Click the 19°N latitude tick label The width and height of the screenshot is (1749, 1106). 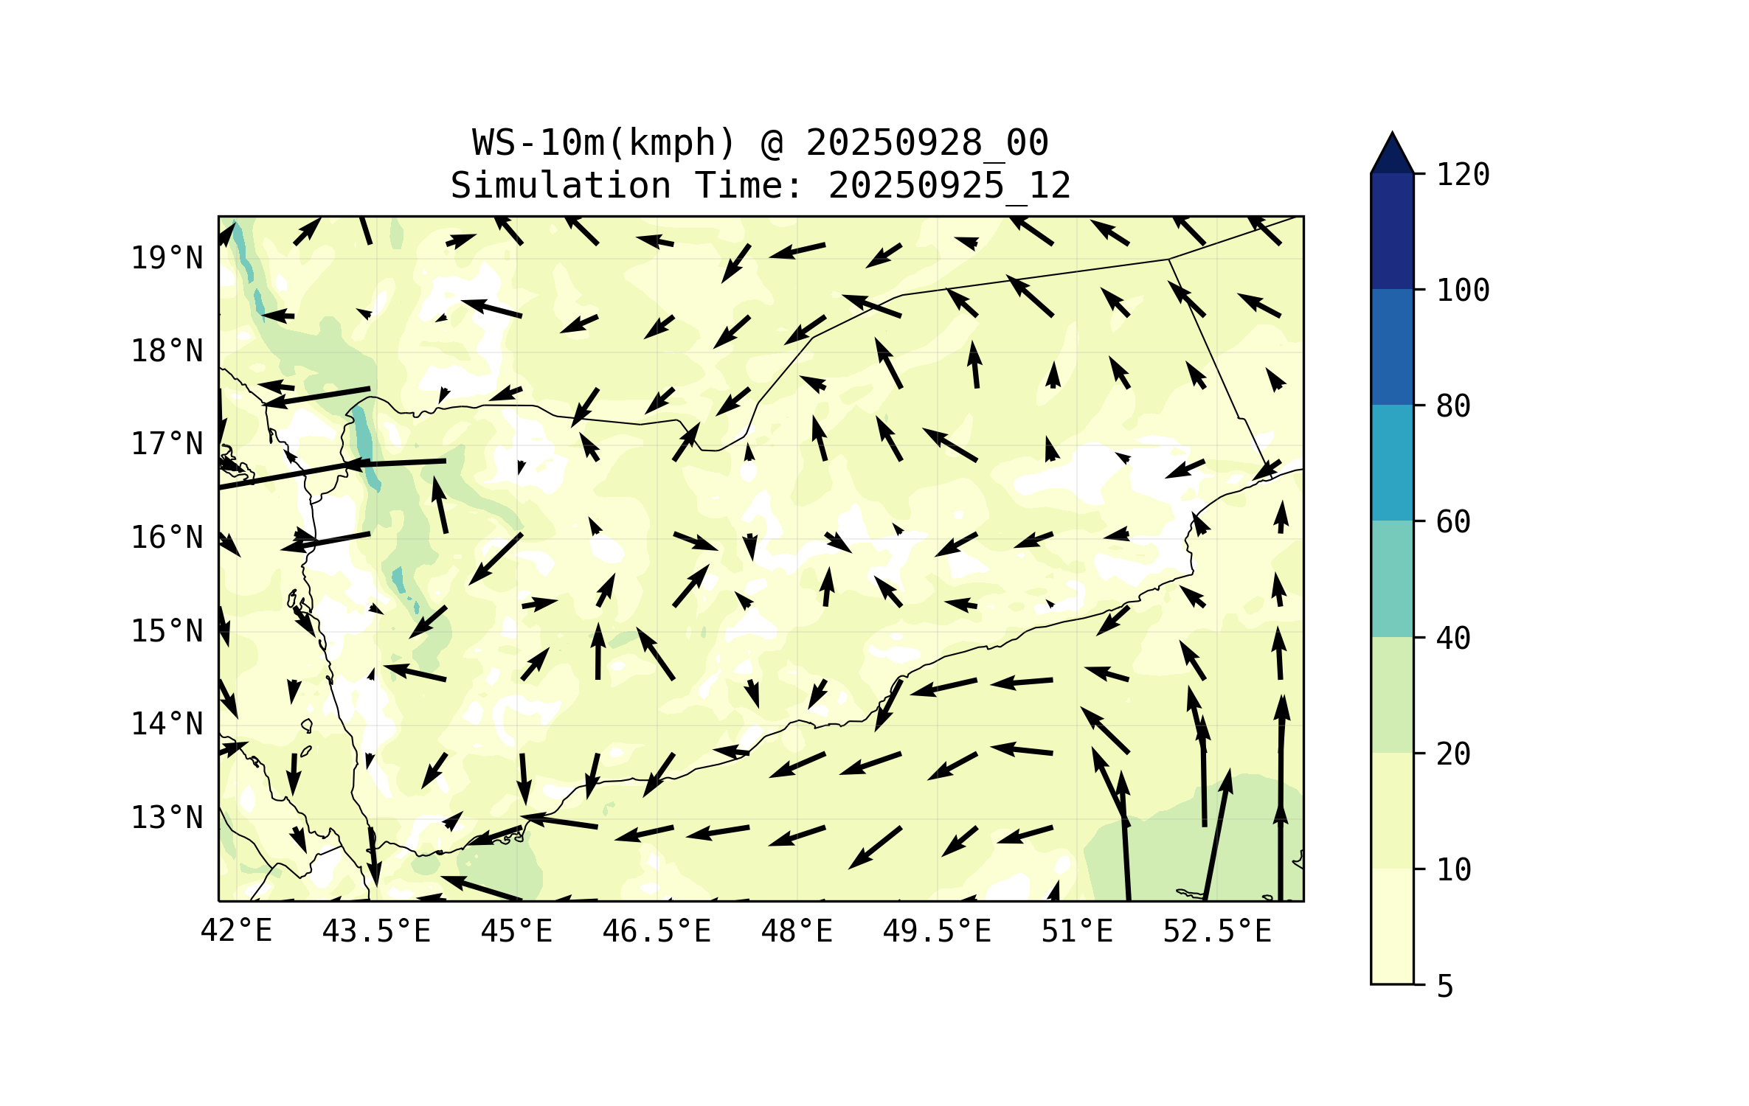pos(167,258)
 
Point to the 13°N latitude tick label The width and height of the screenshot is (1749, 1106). pos(167,818)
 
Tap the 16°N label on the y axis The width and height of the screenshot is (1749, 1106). pos(167,538)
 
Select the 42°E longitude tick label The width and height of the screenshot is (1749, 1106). pos(236,931)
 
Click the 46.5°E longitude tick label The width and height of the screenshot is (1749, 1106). pos(657,931)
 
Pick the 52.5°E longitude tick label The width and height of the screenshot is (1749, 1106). pos(1217,931)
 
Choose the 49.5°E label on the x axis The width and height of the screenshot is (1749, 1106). pos(937,931)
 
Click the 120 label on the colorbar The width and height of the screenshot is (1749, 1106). pos(1463,175)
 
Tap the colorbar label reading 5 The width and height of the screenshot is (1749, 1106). pos(1445,987)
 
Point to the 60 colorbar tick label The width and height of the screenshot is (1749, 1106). pos(1453,522)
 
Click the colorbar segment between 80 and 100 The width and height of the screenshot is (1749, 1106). pos(1392,347)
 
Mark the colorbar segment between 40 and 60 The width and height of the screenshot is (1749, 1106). pos(1392,579)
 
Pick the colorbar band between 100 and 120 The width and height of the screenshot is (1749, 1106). pos(1392,231)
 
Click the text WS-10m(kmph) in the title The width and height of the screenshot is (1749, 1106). pos(603,143)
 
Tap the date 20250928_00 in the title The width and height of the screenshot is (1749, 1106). pos(927,143)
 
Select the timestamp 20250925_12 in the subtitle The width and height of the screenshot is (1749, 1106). pos(949,186)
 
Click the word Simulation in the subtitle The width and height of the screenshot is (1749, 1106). pos(561,186)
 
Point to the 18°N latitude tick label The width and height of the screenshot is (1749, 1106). pos(167,351)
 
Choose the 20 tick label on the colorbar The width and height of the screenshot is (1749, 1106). pos(1453,754)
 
